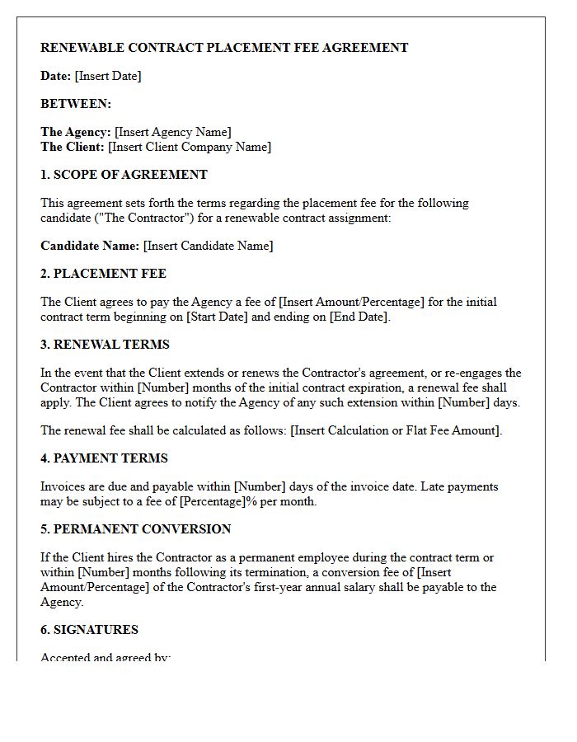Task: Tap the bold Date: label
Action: [55, 76]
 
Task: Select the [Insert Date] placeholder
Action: [108, 76]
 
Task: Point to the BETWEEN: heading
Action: [76, 104]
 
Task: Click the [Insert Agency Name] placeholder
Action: [173, 132]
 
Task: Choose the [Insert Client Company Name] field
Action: [190, 147]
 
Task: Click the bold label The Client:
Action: [73, 147]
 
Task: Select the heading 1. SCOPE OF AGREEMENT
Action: [124, 175]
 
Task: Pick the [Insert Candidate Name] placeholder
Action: [208, 246]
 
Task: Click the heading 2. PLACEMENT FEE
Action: [103, 274]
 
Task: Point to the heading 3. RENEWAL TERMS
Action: [105, 345]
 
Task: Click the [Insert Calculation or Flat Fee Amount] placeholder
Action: [396, 430]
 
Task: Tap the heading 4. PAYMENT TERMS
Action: [104, 458]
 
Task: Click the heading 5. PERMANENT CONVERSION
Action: [135, 529]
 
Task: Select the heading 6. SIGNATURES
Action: [89, 630]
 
